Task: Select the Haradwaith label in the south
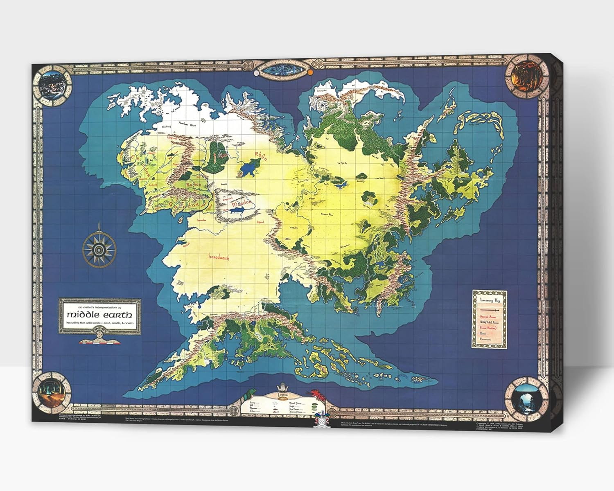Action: point(219,257)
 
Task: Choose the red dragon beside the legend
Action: point(316,394)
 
